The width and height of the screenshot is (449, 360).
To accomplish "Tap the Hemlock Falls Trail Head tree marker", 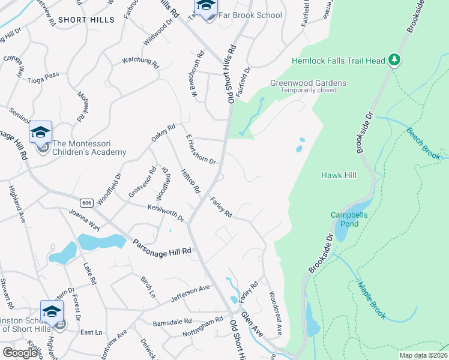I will [x=394, y=59].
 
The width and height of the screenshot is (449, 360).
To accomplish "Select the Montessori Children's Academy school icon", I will [x=40, y=133].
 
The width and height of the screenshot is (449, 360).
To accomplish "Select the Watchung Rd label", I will [x=140, y=61].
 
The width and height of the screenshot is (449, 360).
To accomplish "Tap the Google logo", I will [x=20, y=353].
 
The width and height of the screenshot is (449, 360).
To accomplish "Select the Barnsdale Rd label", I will [x=172, y=322].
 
